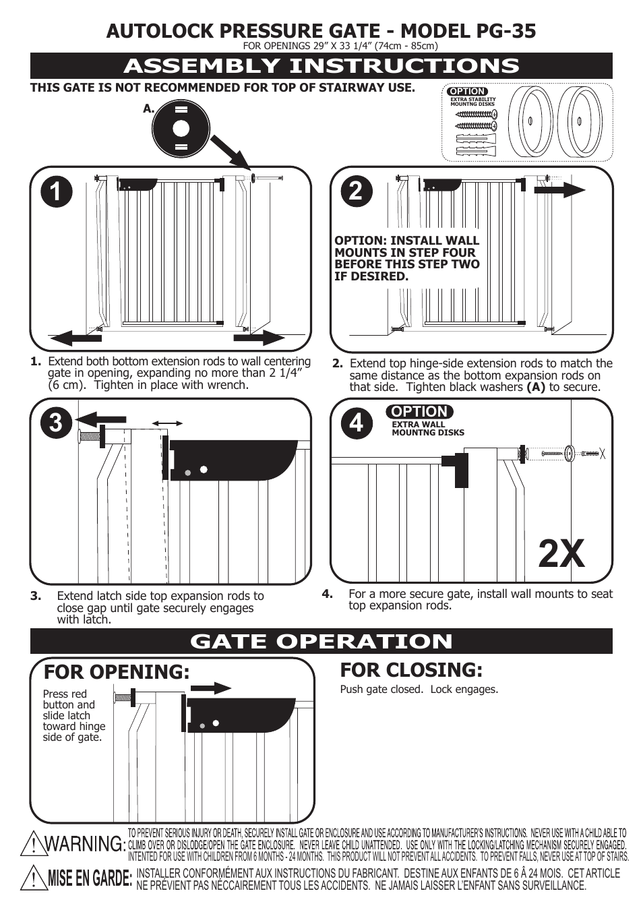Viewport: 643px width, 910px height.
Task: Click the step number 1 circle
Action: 56,191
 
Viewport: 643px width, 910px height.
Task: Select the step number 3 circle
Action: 56,423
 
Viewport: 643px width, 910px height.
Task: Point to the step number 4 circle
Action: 356,423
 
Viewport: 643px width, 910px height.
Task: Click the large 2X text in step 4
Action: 561,555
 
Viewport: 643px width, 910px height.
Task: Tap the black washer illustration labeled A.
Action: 181,128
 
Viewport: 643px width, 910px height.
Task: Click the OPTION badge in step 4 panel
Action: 419,411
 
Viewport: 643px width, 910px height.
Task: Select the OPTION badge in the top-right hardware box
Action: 467,91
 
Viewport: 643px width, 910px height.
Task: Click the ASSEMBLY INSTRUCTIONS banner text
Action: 321,66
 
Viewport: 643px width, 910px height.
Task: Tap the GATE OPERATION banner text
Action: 321,641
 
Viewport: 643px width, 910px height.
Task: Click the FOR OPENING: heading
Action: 117,672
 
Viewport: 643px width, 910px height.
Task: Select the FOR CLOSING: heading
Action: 411,670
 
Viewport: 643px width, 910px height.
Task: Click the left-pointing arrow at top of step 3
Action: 100,419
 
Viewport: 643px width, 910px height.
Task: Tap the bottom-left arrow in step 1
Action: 75,337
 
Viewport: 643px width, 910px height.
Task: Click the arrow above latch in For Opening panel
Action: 210,688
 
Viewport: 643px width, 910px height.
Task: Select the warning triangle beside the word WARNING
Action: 32,844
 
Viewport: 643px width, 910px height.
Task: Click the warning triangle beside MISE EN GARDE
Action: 33,878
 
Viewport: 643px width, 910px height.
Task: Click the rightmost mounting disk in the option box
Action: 580,121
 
